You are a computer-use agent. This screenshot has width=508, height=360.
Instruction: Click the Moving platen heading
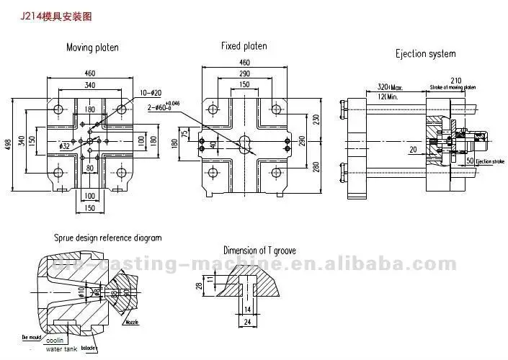[x=92, y=48]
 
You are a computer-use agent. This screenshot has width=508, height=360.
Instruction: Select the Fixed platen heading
[x=244, y=46]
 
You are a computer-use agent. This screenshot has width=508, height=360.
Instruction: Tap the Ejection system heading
[x=425, y=54]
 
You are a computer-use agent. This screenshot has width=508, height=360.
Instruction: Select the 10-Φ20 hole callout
[x=150, y=93]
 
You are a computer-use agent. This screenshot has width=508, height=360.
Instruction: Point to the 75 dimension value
[x=184, y=134]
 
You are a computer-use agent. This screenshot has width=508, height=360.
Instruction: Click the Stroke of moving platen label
[x=453, y=87]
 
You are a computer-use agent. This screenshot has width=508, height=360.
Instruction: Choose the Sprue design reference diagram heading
[x=108, y=237]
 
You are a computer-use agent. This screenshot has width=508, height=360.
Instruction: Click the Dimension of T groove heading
[x=259, y=251]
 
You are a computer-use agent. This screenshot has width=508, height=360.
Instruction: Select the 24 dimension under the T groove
[x=246, y=322]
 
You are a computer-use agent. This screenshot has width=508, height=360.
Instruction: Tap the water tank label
[x=61, y=348]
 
